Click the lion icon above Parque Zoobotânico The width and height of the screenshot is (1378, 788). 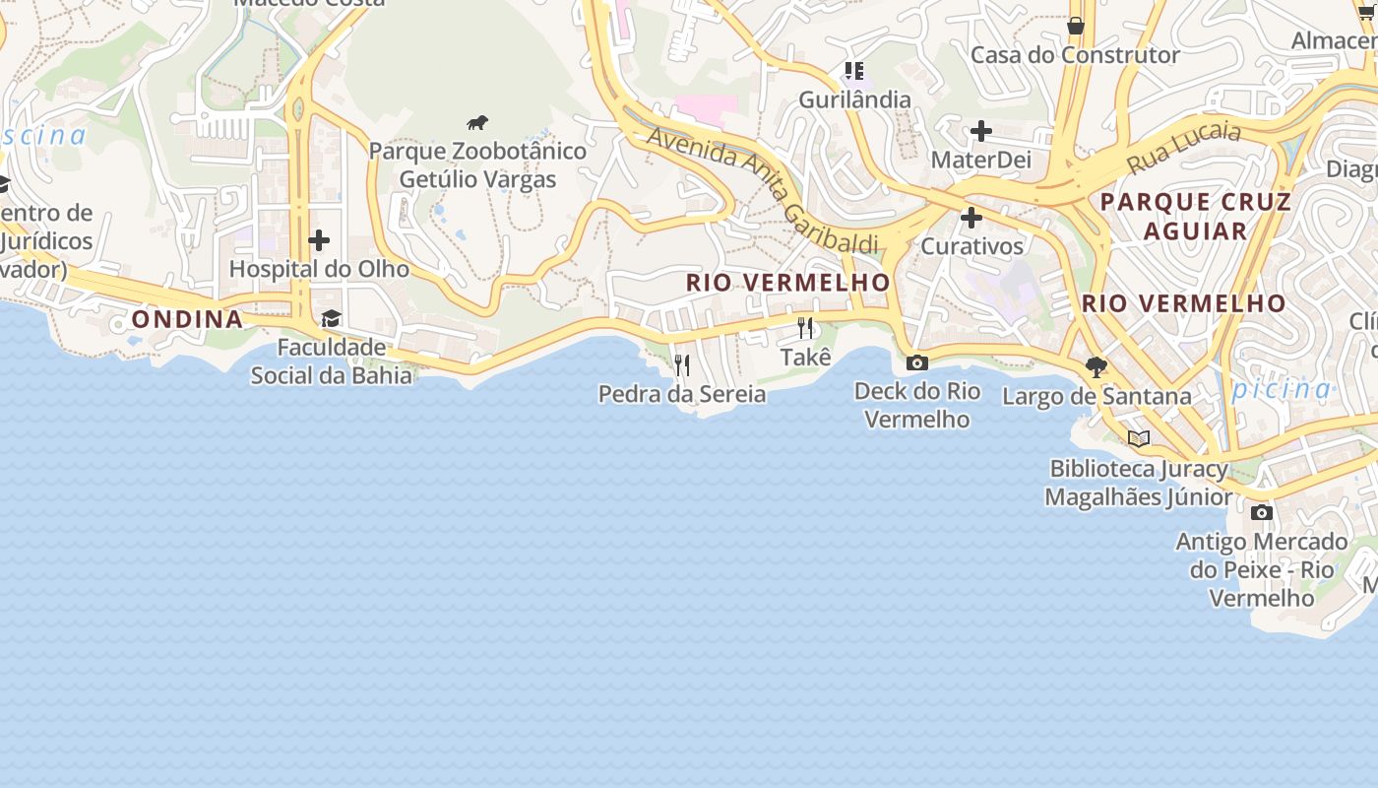coord(477,123)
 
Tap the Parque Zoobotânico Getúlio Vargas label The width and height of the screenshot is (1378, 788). coord(477,165)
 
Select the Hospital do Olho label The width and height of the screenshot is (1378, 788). coord(319,269)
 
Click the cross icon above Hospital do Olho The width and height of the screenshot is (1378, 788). coord(319,240)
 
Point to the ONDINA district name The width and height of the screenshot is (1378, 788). coord(187,319)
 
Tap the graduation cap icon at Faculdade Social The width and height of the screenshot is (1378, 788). coord(331,319)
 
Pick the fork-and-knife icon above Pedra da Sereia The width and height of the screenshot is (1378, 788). coord(682,366)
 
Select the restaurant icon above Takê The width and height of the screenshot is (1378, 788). coord(806,328)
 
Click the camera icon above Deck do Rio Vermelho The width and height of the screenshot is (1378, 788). coord(917,363)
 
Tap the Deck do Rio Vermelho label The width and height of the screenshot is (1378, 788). coord(917,405)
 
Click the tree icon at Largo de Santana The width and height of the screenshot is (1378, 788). coord(1096,367)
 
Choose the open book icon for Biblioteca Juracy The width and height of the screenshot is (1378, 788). coord(1139,439)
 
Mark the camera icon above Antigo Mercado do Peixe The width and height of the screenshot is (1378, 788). coord(1262,512)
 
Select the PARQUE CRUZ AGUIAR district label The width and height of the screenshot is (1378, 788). coord(1195,217)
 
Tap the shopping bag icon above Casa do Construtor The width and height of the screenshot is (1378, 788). coord(1076,26)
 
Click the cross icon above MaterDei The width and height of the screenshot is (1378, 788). coord(980,131)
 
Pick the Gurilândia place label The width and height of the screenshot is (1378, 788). coord(854,99)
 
